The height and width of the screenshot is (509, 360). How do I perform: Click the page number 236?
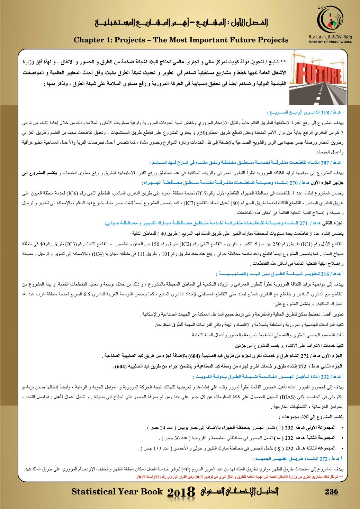331,491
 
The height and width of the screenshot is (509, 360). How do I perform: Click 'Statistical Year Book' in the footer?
117,491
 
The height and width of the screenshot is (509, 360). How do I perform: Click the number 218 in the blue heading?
326,113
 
